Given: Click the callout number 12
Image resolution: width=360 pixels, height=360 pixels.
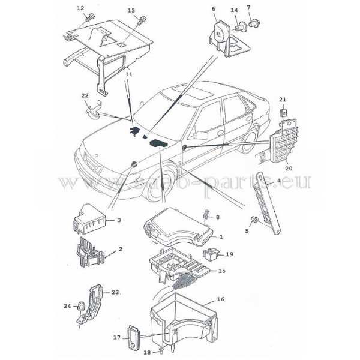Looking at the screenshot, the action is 80,8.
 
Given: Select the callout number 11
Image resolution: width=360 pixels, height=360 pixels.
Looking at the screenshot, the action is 129,74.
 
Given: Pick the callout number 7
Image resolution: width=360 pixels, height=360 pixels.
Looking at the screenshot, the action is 248,8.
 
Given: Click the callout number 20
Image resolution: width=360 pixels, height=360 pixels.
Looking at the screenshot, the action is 289,168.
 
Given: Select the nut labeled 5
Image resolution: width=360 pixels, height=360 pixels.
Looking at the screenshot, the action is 254,220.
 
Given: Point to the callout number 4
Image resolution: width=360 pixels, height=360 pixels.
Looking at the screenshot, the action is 279,181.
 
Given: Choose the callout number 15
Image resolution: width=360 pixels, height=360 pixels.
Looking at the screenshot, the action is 222,271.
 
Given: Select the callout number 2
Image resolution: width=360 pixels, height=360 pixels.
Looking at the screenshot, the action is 121,249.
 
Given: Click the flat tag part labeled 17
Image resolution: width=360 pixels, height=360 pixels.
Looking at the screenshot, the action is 133,337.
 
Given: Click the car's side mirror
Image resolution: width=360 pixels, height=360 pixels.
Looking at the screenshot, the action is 200,135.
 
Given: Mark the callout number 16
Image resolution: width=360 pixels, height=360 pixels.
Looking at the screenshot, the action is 220,299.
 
